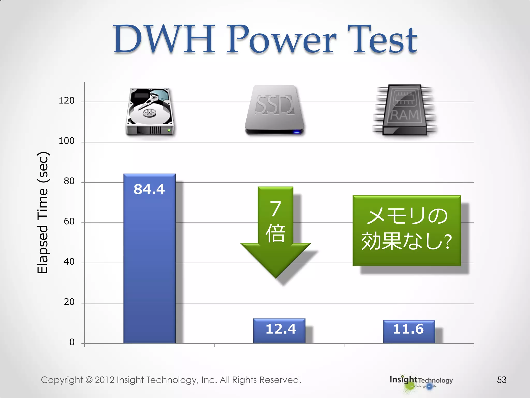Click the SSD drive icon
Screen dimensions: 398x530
point(274,109)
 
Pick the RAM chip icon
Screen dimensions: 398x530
point(404,110)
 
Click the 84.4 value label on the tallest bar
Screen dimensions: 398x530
point(149,189)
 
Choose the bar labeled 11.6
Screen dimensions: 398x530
point(409,331)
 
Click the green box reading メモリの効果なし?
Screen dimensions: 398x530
point(407,230)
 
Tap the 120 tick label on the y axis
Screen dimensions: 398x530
point(67,101)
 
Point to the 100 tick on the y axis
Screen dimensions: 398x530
point(67,141)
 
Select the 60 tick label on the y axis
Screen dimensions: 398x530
point(69,221)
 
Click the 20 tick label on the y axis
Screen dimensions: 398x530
point(69,302)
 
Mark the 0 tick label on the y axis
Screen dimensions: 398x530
point(72,342)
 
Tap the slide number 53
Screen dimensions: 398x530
point(502,380)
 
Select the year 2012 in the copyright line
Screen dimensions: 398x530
point(105,380)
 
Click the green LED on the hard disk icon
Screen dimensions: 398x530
point(169,130)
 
